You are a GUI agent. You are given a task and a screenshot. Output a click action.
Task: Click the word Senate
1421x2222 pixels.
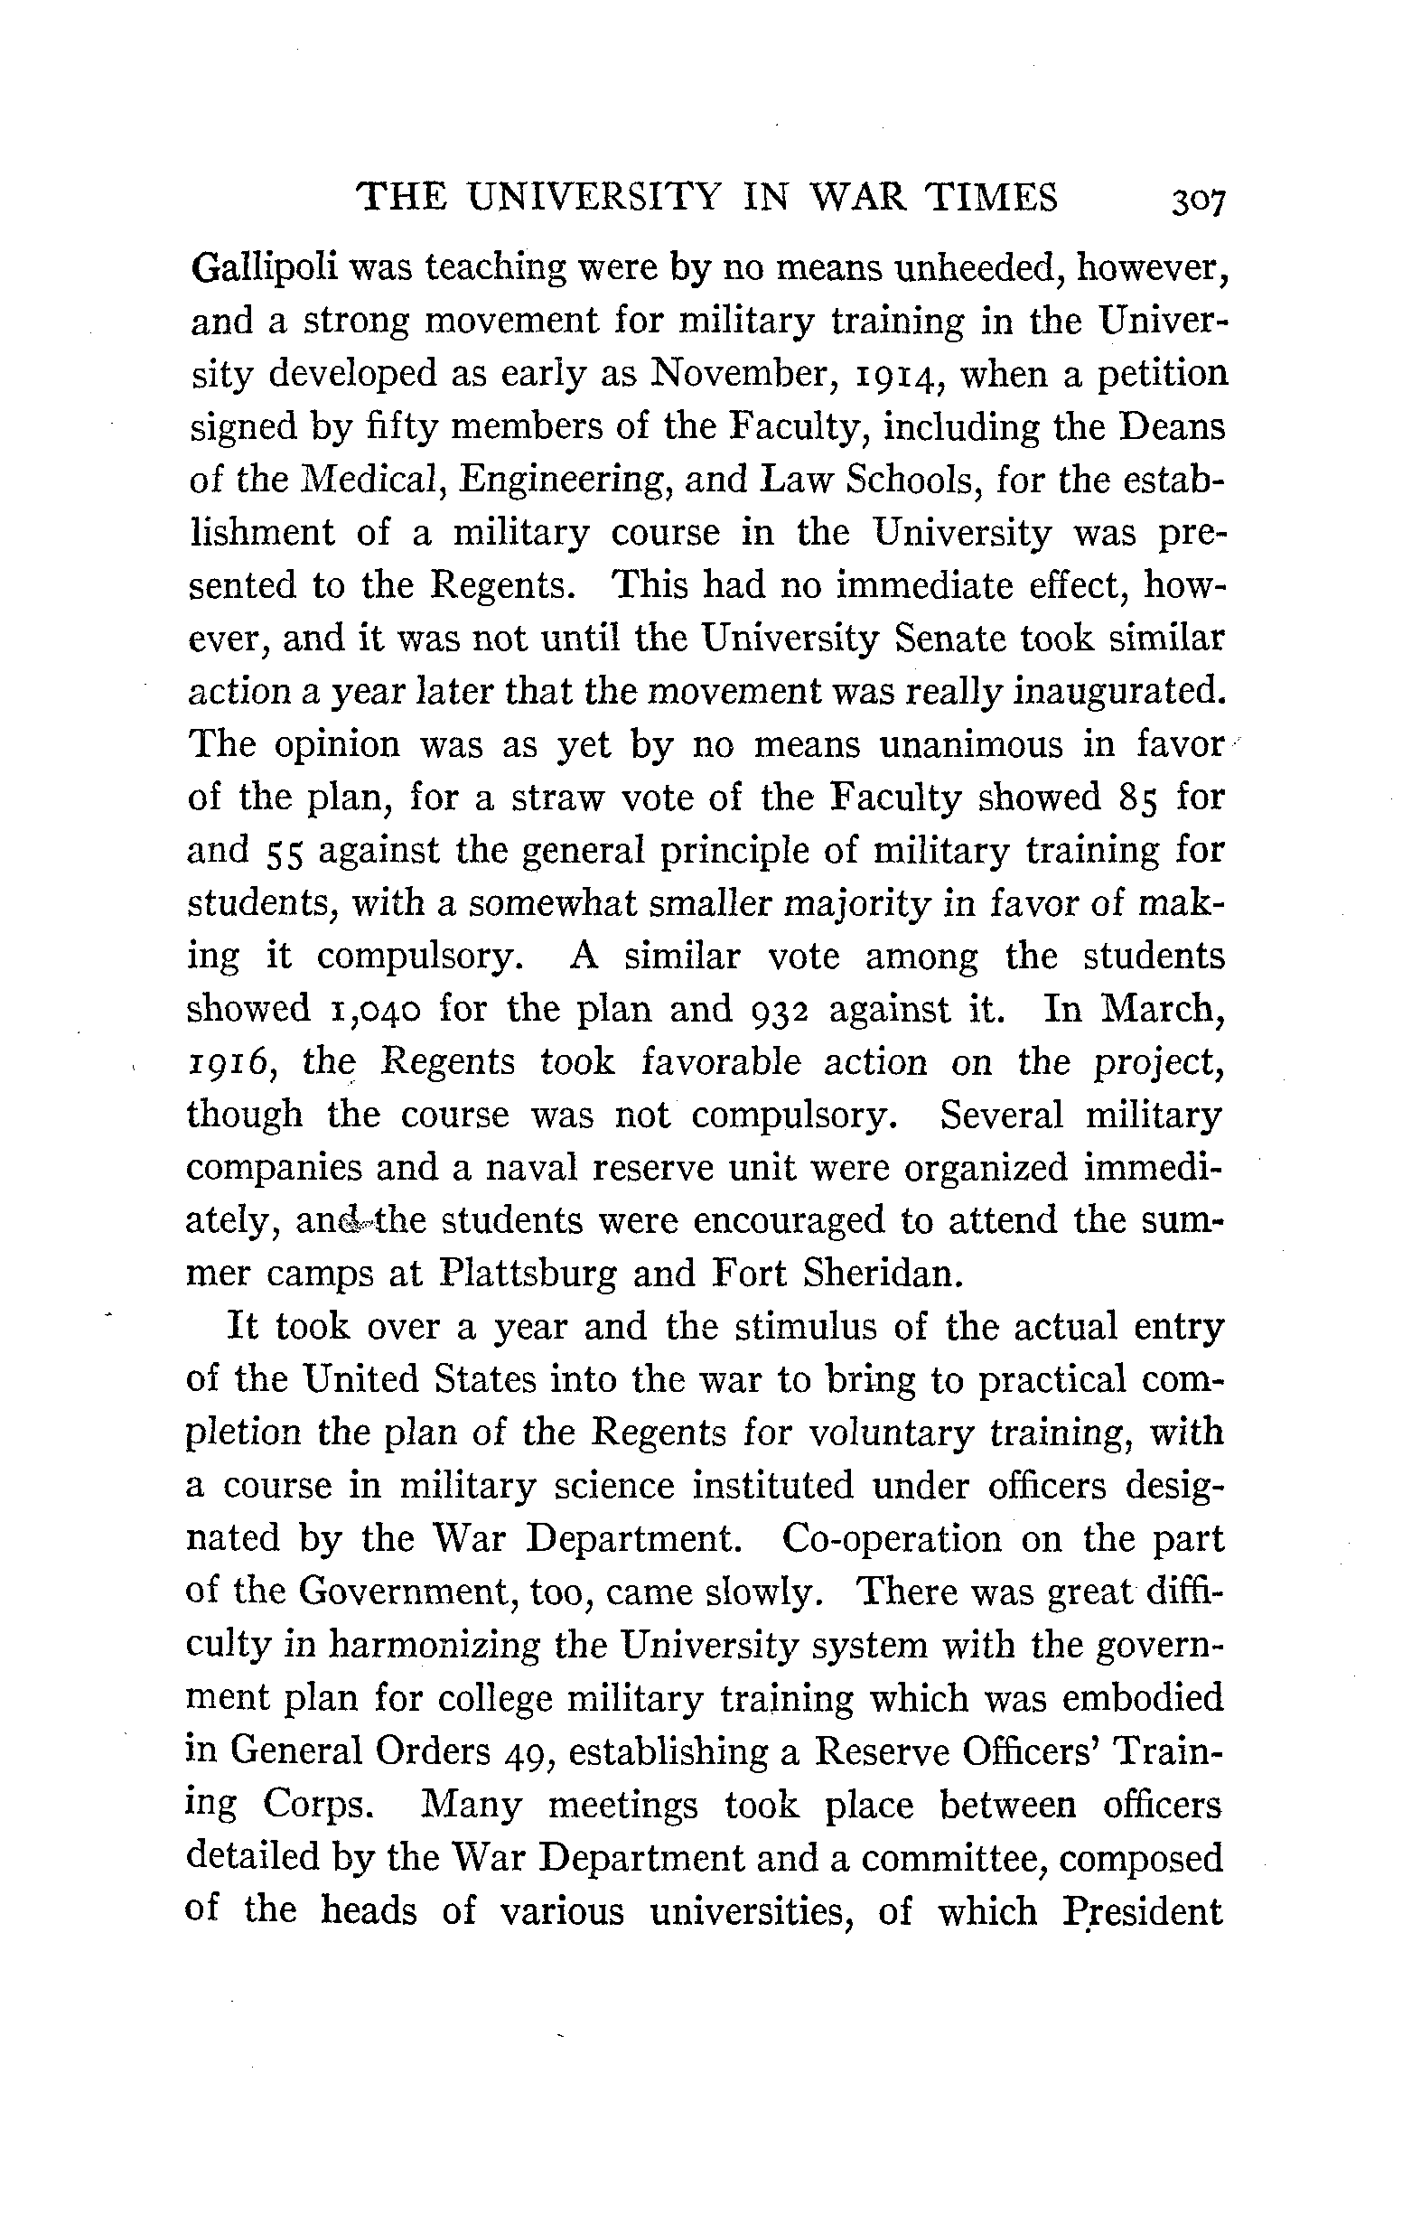point(953,639)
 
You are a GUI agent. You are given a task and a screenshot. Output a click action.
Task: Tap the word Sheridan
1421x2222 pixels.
point(885,1274)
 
